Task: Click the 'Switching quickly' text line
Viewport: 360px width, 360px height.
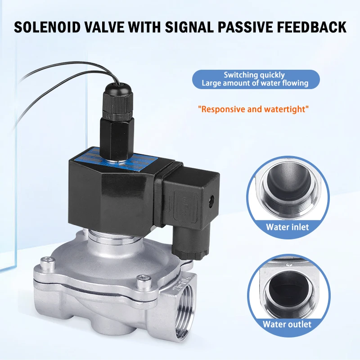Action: point(254,75)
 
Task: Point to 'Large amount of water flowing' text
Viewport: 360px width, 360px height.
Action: point(255,83)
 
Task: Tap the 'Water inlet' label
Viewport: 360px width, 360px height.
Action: point(287,227)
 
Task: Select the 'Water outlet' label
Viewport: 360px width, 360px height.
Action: point(287,324)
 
